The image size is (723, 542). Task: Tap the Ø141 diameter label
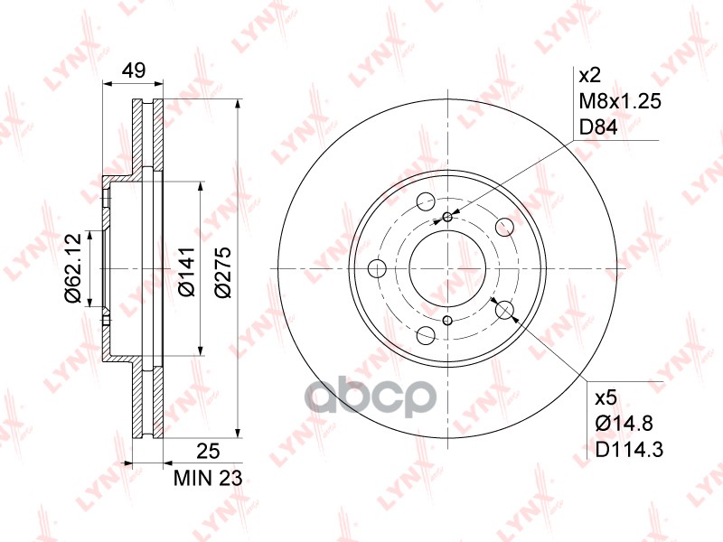pyautogui.click(x=184, y=269)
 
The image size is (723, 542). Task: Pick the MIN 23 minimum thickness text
pyautogui.click(x=209, y=479)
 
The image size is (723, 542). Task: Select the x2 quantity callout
pyautogui.click(x=590, y=74)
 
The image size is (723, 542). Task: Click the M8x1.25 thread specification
pyautogui.click(x=620, y=101)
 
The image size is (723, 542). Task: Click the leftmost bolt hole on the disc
pyautogui.click(x=378, y=268)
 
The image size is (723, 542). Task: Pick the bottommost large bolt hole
pyautogui.click(x=426, y=335)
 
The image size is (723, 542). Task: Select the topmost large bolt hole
pyautogui.click(x=426, y=202)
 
